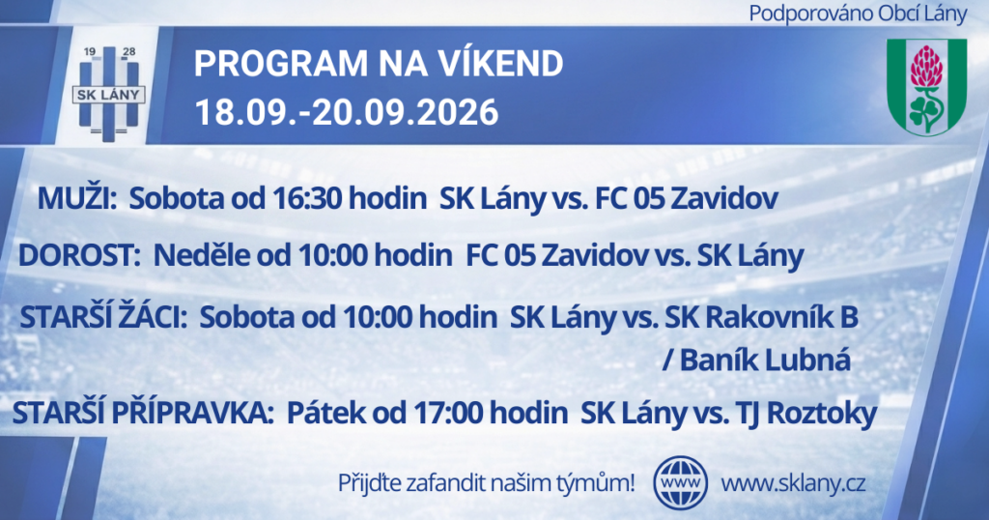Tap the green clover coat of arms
point(926,86)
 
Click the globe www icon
point(681,482)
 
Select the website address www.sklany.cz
point(793,484)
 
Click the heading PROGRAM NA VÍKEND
point(379,63)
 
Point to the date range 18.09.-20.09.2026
point(347,112)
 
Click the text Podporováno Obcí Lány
point(858,14)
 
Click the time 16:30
point(307,199)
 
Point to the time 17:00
point(448,414)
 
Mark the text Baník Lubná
point(765,361)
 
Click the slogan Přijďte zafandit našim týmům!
point(487,484)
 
